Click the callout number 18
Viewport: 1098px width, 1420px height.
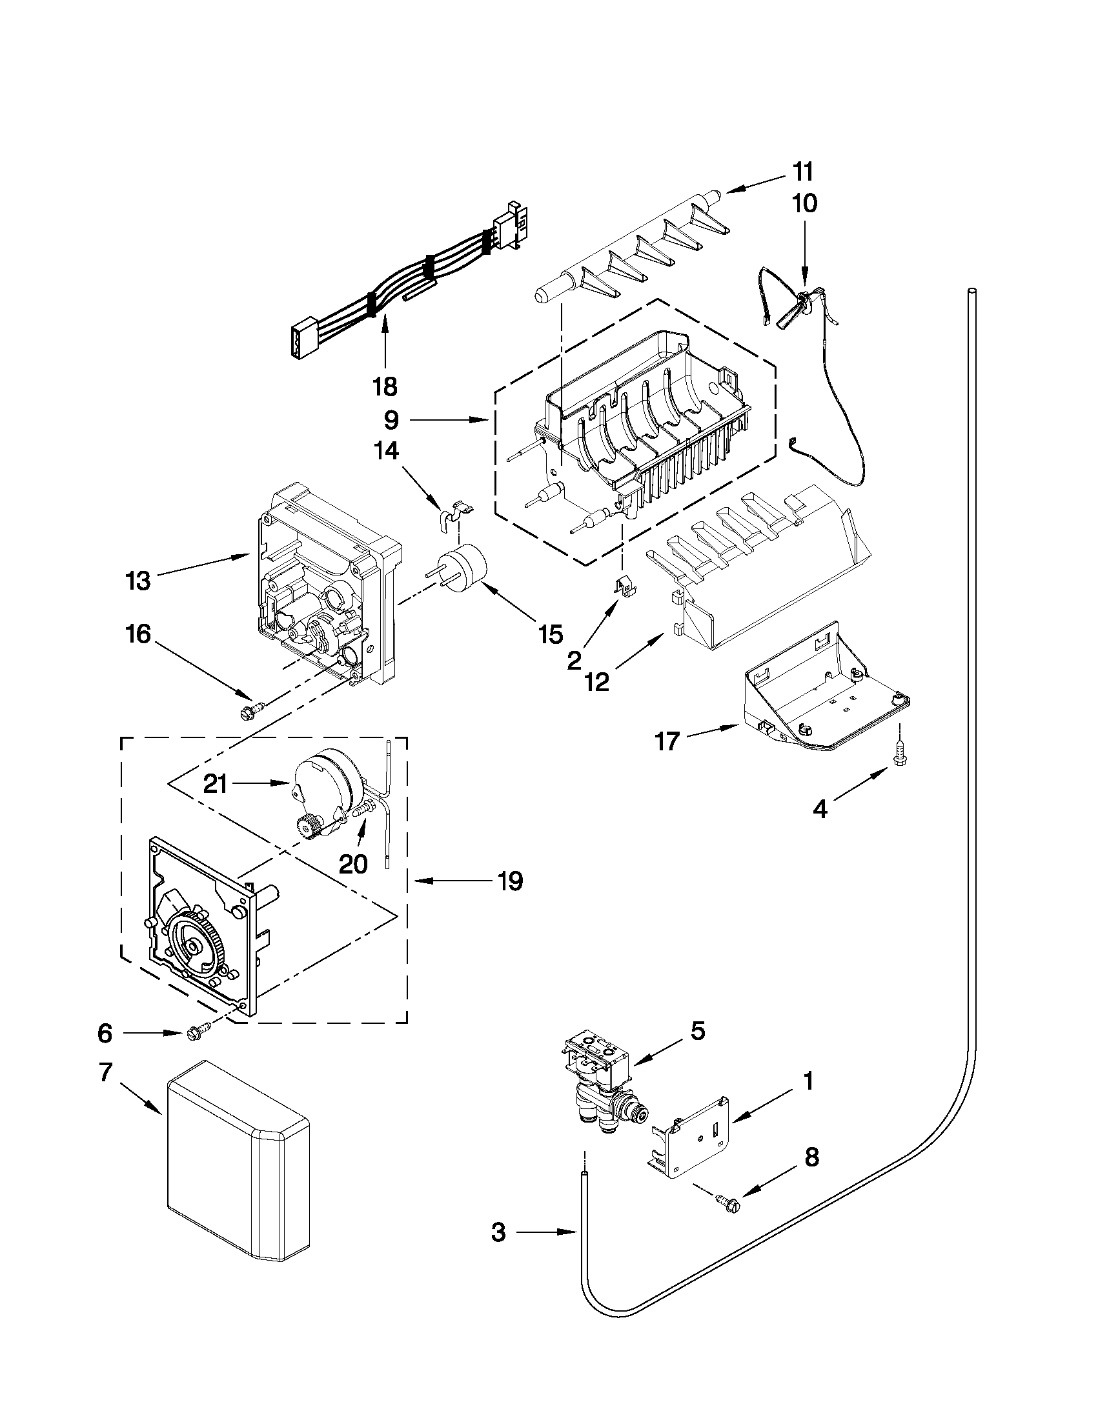click(385, 387)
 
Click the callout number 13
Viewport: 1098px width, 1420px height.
click(138, 581)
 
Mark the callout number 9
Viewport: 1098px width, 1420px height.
click(391, 421)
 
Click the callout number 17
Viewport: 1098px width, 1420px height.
click(667, 741)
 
